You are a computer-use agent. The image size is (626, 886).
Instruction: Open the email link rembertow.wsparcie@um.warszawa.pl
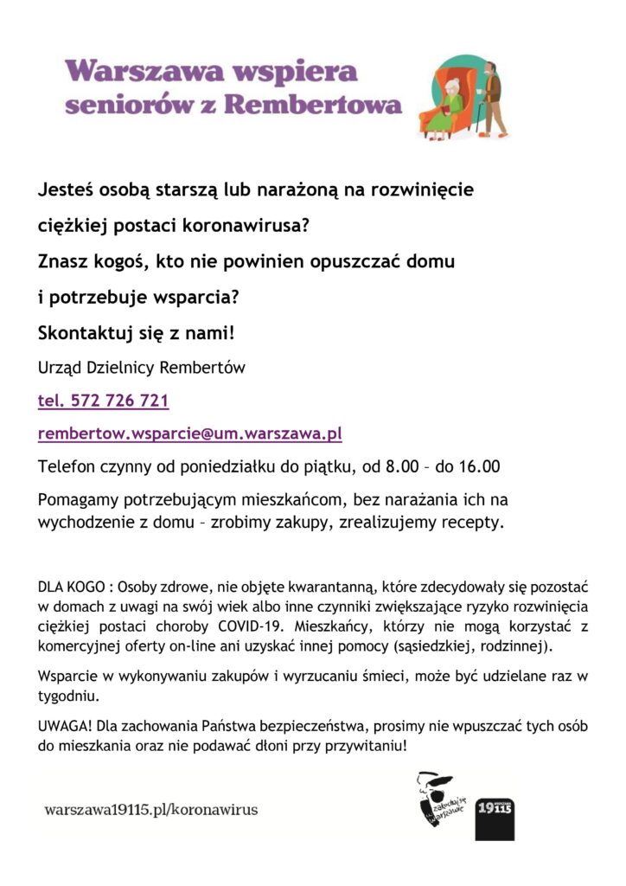189,433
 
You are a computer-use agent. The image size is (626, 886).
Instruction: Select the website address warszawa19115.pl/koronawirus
151,810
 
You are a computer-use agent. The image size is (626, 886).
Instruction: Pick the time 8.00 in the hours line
399,466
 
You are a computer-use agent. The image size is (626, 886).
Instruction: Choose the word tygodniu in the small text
67,696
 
